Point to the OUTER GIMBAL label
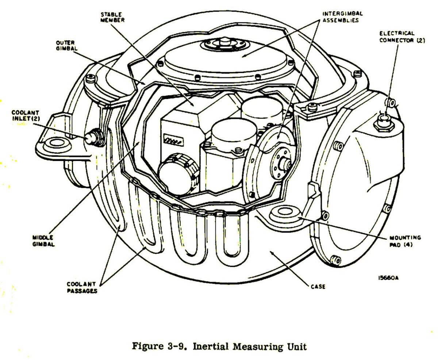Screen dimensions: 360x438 coord(65,45)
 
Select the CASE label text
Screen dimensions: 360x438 coord(318,286)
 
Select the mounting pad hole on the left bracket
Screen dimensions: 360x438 coord(55,142)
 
